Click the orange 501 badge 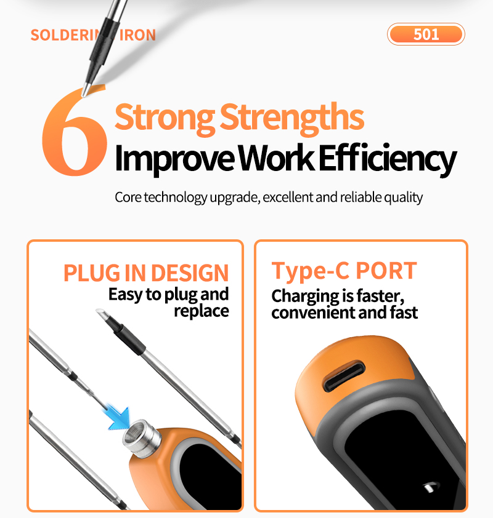pos(426,34)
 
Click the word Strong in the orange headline pos(165,118)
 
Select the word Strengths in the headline pos(292,118)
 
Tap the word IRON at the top pos(137,35)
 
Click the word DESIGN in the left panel pos(190,273)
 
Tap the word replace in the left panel pos(202,311)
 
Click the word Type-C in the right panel pos(310,271)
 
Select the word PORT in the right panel pos(386,271)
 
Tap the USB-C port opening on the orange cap pos(344,376)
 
